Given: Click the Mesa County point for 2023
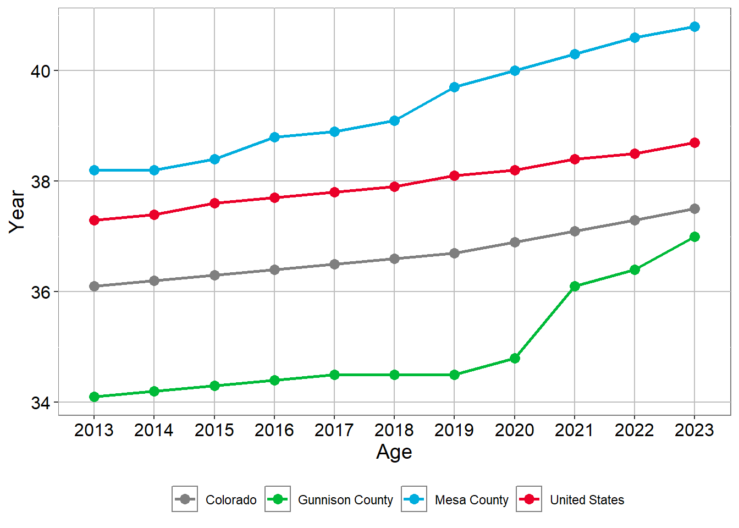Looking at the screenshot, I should click(694, 26).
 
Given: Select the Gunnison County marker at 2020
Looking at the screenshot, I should click(515, 358).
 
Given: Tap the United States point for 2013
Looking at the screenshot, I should click(94, 220).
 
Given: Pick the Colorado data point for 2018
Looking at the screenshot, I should click(394, 258).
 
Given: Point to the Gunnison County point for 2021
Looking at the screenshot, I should click(575, 286).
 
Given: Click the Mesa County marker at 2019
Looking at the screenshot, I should click(454, 87).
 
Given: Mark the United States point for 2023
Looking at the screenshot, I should click(694, 142).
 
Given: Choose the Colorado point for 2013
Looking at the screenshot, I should click(94, 286).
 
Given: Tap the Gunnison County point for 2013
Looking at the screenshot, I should click(94, 397).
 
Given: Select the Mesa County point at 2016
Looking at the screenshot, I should click(274, 137).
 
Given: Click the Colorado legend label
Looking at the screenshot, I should click(231, 500).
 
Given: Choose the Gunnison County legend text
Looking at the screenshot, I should click(345, 500).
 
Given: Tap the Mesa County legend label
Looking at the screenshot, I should click(471, 500).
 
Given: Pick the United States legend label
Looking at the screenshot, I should click(587, 500).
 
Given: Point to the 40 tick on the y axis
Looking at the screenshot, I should click(41, 71).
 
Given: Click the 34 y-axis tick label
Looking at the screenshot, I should click(41, 403).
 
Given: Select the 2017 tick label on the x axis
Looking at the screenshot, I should click(334, 430).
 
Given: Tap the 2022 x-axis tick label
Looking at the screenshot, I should click(635, 430).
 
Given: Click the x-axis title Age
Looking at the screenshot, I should click(394, 452).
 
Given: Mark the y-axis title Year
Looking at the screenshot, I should click(17, 212).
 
